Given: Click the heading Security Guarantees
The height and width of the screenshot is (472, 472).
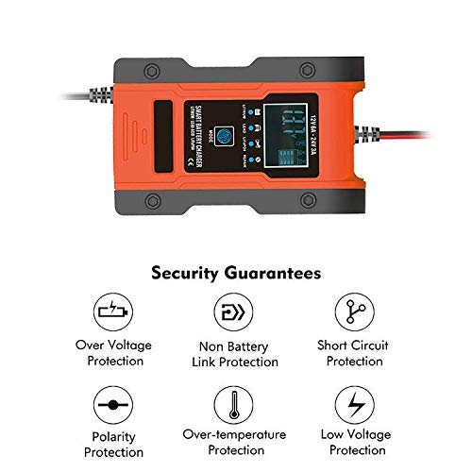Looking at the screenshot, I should [236, 273].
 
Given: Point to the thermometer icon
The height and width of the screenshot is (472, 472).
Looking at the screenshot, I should [236, 403].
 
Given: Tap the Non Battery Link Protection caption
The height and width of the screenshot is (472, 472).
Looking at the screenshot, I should [236, 353].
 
